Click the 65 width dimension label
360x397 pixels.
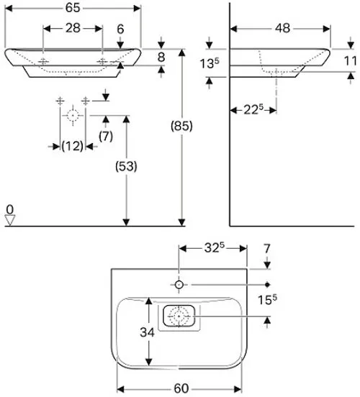pos(73,8)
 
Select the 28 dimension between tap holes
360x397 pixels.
pos(73,28)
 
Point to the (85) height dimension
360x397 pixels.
pos(181,126)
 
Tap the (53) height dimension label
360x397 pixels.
pos(126,166)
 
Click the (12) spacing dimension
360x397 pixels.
pos(72,146)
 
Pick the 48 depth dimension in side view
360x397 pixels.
pos(282,28)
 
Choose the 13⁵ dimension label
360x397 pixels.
pos(210,63)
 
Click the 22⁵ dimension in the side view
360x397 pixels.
pos(253,109)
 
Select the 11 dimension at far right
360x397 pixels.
pos(350,61)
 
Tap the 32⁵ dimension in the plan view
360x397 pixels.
pos(215,248)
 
